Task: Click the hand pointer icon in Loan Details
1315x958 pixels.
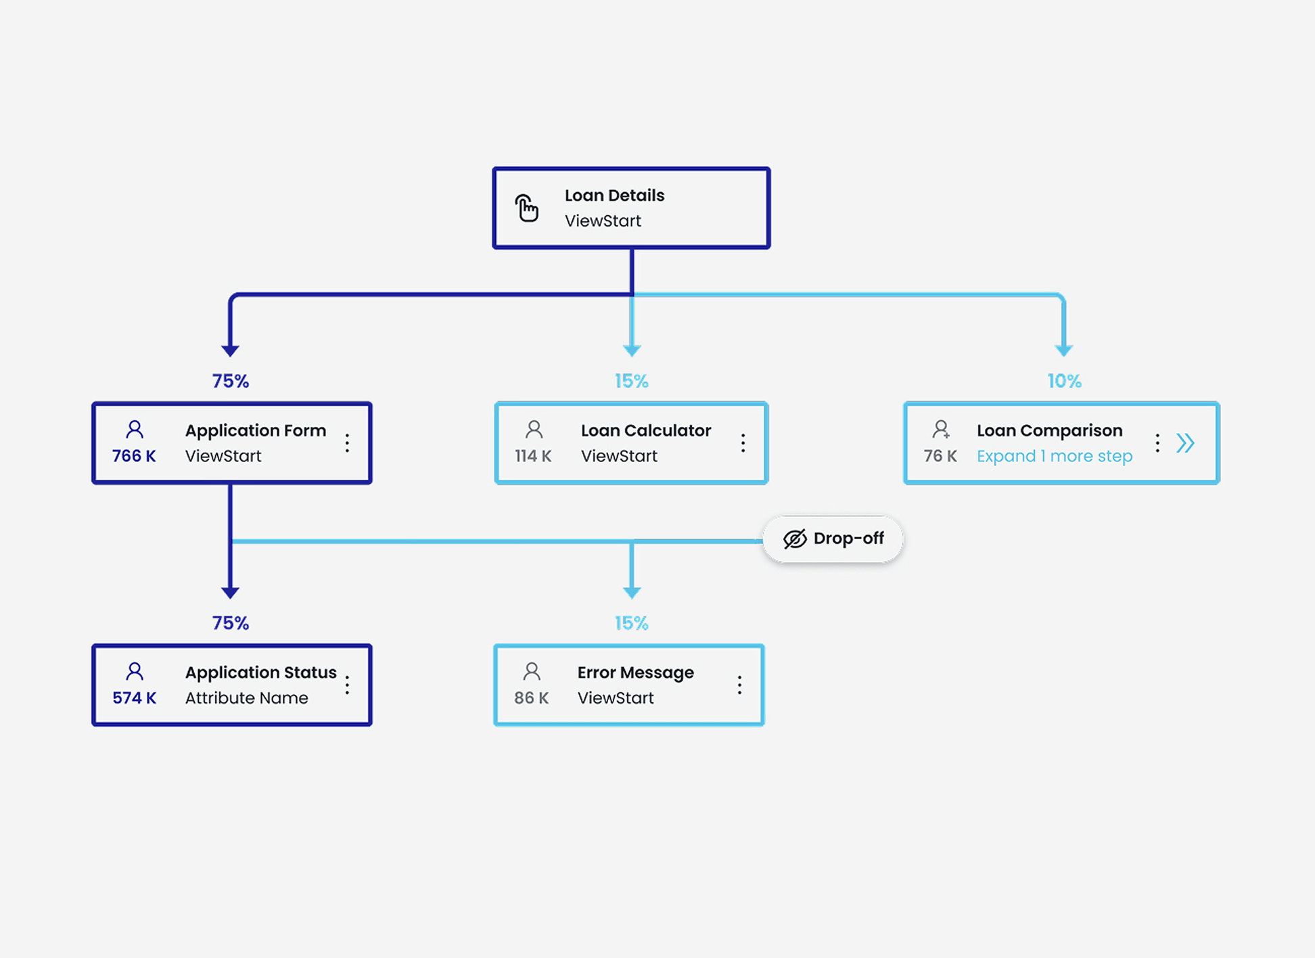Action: tap(527, 208)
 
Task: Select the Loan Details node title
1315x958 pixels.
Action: tap(614, 196)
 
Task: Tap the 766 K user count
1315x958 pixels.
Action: tap(134, 456)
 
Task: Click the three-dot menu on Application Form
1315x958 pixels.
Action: tap(347, 443)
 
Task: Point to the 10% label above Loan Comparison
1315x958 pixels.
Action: tap(1064, 381)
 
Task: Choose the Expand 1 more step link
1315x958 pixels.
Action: tap(1054, 456)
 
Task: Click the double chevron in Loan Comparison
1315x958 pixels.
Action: tap(1185, 443)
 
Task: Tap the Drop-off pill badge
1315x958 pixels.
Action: tap(833, 539)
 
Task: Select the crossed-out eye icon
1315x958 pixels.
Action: tap(795, 539)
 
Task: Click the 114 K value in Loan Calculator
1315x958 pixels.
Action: tap(533, 456)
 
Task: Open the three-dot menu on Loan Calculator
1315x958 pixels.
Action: tap(743, 443)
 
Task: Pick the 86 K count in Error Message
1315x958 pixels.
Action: tap(531, 698)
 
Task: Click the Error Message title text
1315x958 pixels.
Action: tap(635, 672)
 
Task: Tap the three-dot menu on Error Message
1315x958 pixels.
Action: tap(739, 685)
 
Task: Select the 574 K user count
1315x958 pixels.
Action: tap(134, 698)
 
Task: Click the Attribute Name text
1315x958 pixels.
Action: tap(246, 698)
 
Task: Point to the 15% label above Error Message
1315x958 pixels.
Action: tap(631, 623)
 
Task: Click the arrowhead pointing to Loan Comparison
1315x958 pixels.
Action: tap(1064, 350)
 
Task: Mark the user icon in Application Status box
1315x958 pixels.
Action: tap(135, 671)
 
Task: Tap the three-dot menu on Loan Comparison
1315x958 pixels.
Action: tap(1157, 443)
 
